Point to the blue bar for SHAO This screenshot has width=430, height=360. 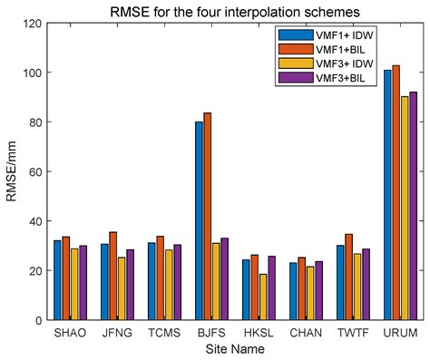57,280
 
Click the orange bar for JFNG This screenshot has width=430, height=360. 112,276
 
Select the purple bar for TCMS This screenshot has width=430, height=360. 177,282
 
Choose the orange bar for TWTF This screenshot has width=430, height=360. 348,277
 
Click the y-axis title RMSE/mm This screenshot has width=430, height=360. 12,171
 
